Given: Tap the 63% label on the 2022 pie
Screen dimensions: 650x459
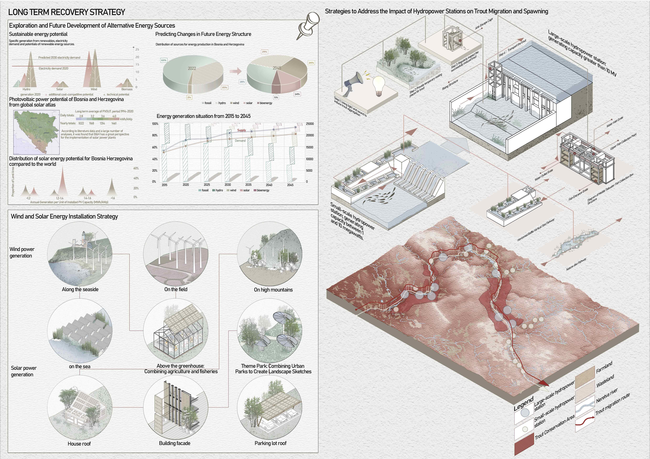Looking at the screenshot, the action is [x=164, y=60].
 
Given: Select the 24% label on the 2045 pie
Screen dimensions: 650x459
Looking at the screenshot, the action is [x=311, y=63].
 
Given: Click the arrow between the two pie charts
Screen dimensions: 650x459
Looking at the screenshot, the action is [x=235, y=71].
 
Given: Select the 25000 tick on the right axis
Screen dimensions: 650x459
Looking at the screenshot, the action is [x=310, y=124].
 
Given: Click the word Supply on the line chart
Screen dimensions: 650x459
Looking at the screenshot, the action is [x=241, y=130].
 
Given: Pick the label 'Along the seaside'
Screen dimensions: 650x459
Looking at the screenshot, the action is [x=80, y=289].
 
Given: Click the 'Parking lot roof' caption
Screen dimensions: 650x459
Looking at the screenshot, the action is [x=270, y=443].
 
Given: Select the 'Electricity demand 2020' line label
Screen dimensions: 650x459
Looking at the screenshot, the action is [x=53, y=68].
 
